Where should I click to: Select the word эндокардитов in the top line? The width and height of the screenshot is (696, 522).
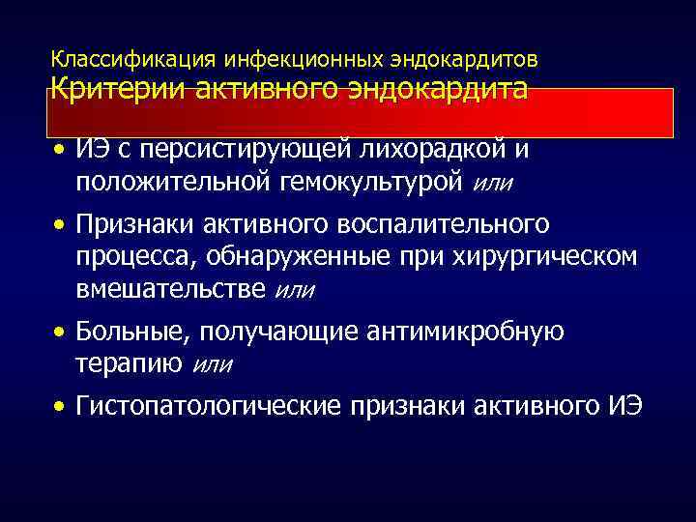tap(467, 59)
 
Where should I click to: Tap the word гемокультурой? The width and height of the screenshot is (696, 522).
tap(368, 182)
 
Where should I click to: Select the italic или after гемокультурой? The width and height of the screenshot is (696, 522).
tap(494, 183)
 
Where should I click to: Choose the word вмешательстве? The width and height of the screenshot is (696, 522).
tap(173, 288)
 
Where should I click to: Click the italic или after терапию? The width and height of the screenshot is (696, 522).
tap(213, 363)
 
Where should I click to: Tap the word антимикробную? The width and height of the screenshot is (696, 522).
tap(464, 333)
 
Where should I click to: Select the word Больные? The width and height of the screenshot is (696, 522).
tap(133, 333)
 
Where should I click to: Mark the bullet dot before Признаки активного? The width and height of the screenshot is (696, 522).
tap(61, 226)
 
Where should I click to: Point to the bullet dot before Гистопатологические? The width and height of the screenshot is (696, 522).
tap(61, 407)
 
